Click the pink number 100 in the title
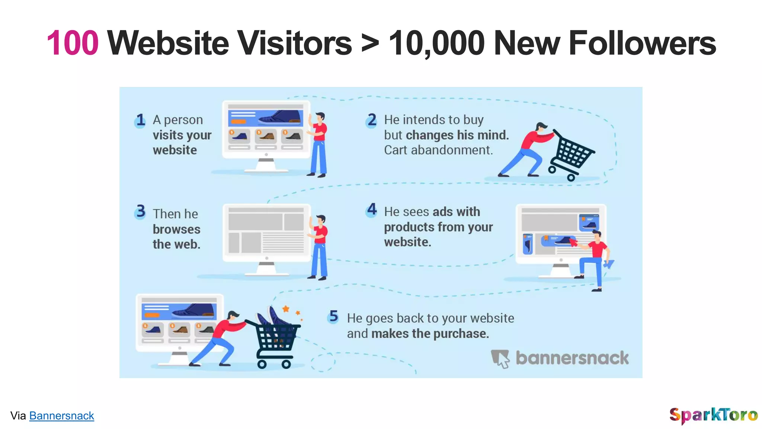click(73, 43)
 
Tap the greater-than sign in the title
click(370, 44)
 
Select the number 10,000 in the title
click(437, 44)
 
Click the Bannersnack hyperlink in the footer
click(61, 416)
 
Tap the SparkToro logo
click(713, 415)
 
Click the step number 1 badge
click(140, 120)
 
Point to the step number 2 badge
click(371, 120)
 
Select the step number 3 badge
click(141, 212)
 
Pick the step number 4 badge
click(372, 210)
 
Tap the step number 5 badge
click(333, 317)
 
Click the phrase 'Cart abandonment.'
click(438, 150)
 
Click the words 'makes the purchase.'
click(430, 334)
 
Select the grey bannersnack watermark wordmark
click(572, 358)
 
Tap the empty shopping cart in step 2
click(571, 156)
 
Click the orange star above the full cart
click(286, 309)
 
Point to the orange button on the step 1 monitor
click(238, 121)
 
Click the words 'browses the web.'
click(176, 237)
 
